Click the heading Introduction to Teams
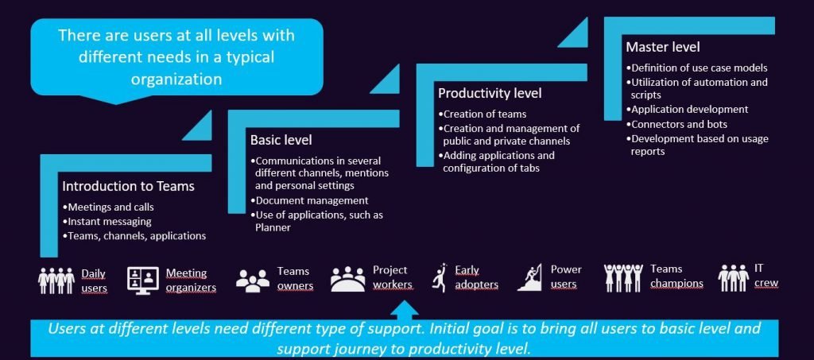tap(128, 187)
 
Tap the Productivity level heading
tap(490, 94)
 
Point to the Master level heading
tap(663, 47)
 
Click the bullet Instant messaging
tap(110, 222)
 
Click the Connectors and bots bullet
tap(678, 124)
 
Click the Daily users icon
tap(56, 279)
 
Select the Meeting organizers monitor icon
tap(143, 279)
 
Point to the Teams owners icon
tap(254, 279)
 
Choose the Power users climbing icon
tap(529, 277)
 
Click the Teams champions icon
tap(622, 277)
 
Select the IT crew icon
tap(733, 277)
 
